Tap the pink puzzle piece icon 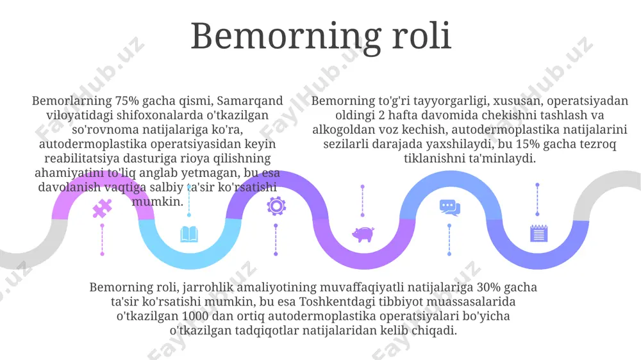click(102, 208)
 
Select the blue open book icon click(189, 234)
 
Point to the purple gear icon click(276, 206)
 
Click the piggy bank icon click(363, 234)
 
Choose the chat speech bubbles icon click(450, 208)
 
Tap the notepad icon click(538, 233)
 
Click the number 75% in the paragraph click(127, 101)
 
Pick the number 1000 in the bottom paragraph click(195, 316)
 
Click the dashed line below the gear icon click(276, 240)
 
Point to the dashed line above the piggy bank click(363, 201)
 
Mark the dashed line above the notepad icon click(537, 199)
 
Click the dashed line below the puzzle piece click(102, 240)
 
